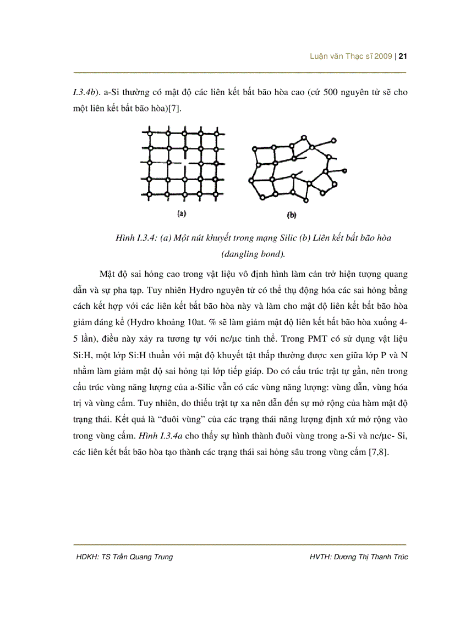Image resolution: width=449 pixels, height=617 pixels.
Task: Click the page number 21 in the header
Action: point(402,56)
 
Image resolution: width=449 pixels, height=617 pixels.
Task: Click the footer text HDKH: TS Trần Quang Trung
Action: point(125,557)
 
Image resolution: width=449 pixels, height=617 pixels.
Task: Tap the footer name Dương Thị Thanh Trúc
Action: point(374,557)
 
